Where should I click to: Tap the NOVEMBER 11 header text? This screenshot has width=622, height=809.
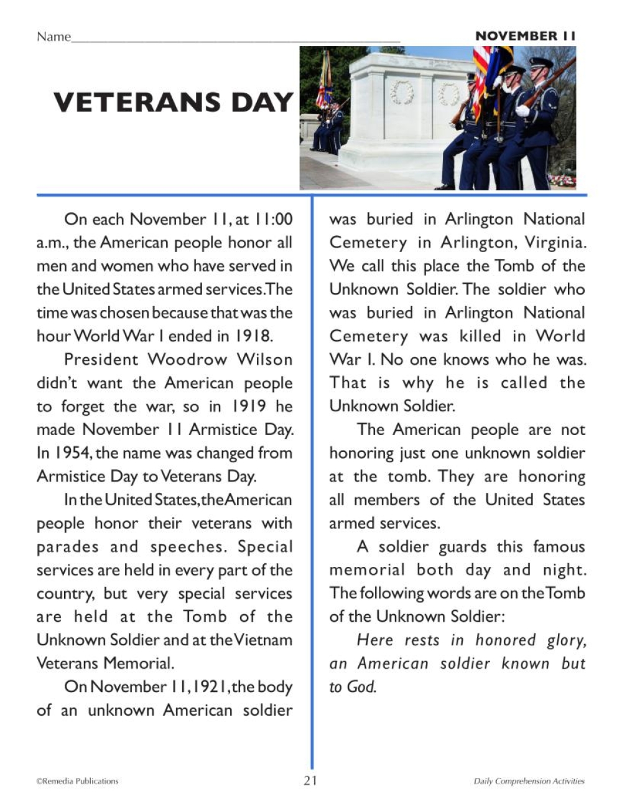point(526,36)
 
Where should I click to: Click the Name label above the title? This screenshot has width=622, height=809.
point(53,37)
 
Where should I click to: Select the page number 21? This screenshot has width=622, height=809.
point(310,780)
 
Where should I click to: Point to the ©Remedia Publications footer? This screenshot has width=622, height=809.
point(77,781)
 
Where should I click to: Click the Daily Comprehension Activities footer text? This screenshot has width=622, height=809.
point(529,781)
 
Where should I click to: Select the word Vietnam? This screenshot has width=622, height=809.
point(263,640)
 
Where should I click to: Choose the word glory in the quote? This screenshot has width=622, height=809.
point(566,640)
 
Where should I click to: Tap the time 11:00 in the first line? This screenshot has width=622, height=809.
point(273,219)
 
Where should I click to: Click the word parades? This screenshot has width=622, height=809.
point(67,547)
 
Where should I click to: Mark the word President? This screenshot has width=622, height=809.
point(101,360)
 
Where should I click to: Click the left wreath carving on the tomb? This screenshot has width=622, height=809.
point(401,93)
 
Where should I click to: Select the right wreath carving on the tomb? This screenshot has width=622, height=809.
point(448,95)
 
